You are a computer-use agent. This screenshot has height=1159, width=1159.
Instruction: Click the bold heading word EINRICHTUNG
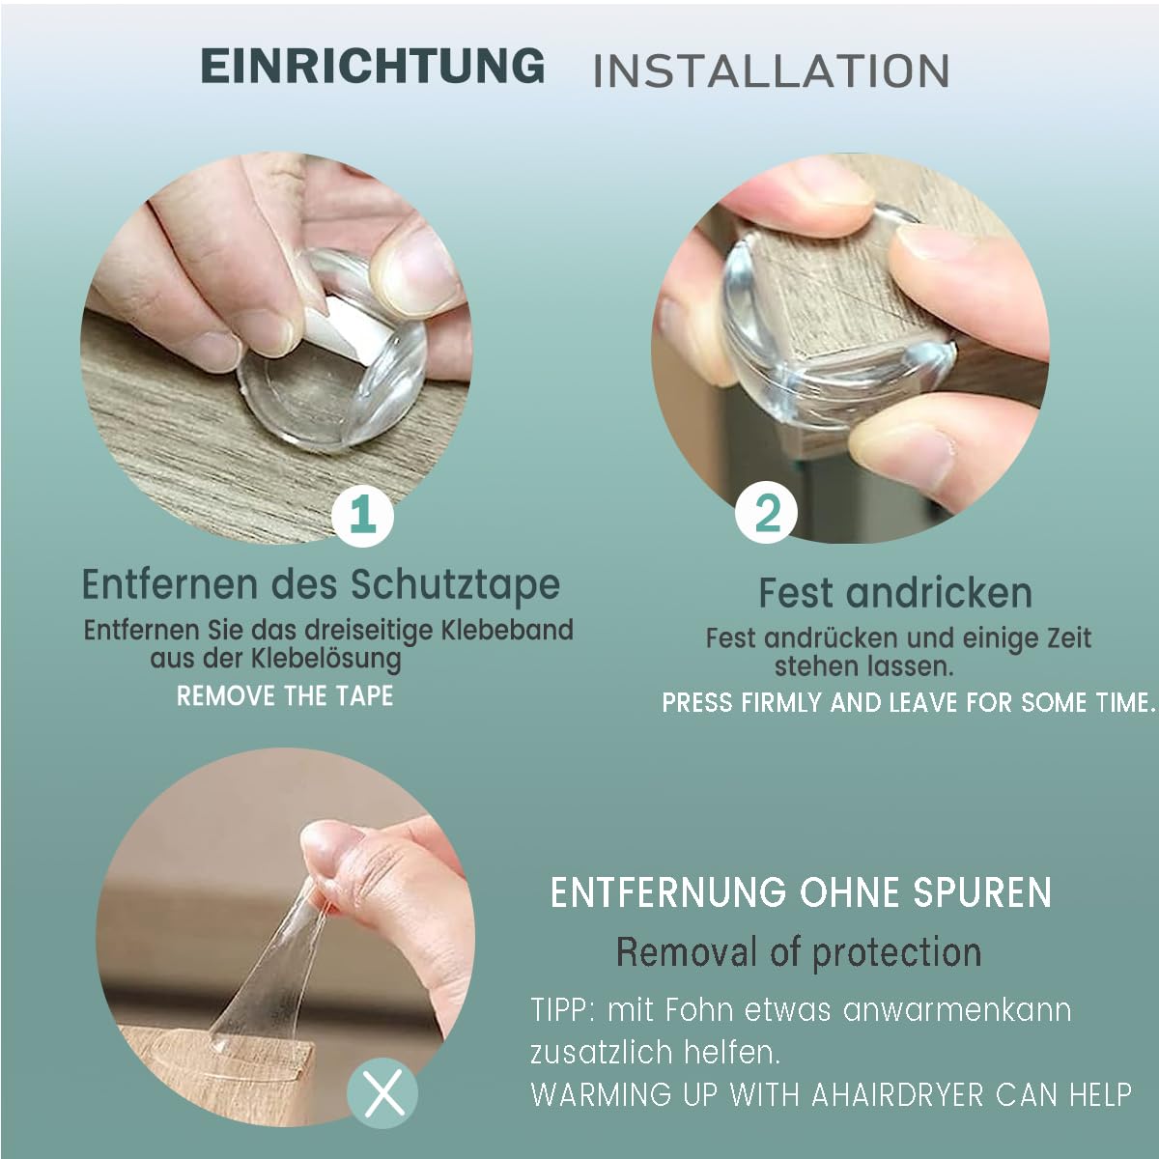click(x=373, y=66)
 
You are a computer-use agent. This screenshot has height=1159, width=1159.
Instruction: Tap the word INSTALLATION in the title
click(x=771, y=71)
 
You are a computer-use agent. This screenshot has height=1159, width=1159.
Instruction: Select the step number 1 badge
click(x=363, y=516)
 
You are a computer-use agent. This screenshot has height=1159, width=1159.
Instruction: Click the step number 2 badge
click(x=766, y=513)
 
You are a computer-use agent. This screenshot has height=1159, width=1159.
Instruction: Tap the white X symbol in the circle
click(x=382, y=1093)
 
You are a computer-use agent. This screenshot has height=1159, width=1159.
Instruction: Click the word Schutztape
click(x=456, y=584)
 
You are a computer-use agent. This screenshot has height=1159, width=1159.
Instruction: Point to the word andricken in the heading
click(x=939, y=593)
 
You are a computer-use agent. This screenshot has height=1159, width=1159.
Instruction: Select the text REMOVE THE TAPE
click(x=285, y=696)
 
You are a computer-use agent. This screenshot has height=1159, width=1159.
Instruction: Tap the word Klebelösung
click(x=325, y=659)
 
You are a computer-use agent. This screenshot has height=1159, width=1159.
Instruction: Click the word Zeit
click(x=1065, y=638)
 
